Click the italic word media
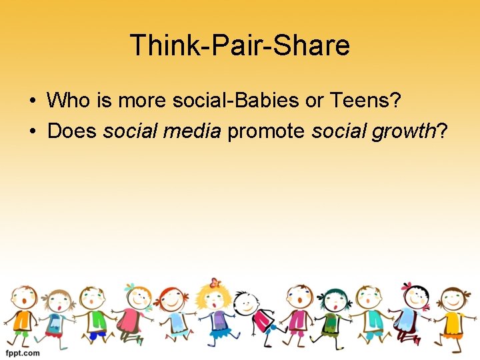coord(193,131)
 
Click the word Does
coord(73,131)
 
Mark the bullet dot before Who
coord(32,101)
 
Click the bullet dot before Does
coord(32,131)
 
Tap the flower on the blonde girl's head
coord(214,282)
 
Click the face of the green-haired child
coord(331,301)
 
